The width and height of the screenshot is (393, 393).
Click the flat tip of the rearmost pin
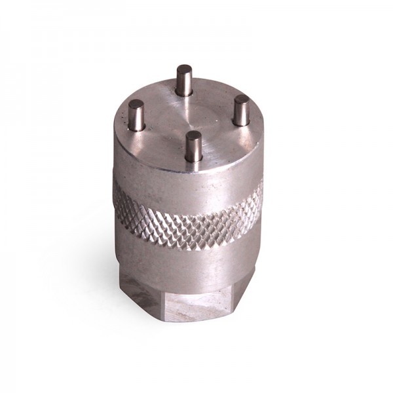pos(185,68)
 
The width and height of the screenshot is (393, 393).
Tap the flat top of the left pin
pos(136,104)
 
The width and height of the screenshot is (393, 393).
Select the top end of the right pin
pos(242,99)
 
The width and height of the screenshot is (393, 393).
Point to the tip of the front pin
pos(193,136)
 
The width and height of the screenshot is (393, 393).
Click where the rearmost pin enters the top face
pos(185,92)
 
